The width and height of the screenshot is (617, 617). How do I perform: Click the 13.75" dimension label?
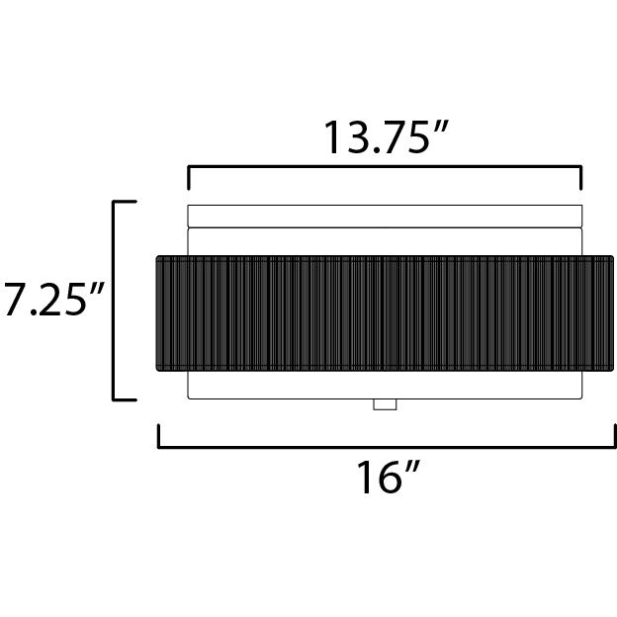point(386,136)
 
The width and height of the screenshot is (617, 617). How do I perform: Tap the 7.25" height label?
point(54,300)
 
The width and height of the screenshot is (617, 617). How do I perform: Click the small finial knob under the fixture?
point(385,404)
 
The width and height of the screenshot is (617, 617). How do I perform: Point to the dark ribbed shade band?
point(385,313)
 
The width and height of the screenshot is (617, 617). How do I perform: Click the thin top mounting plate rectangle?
point(385,216)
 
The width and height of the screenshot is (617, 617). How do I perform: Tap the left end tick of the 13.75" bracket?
point(189,178)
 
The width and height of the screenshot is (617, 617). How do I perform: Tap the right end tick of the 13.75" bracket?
point(580,178)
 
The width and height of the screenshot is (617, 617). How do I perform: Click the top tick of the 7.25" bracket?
point(125,202)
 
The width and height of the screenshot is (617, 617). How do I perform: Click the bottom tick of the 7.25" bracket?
point(125,399)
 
